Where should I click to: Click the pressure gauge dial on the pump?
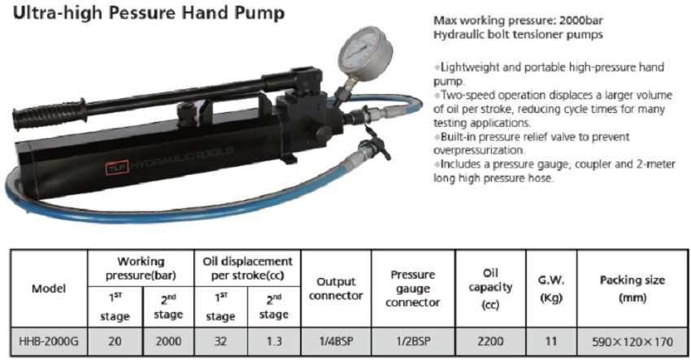(365, 49)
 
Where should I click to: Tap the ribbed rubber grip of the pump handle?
(49, 114)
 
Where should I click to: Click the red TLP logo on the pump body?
(117, 167)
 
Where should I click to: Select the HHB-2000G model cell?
(49, 341)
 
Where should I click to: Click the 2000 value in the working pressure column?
(168, 341)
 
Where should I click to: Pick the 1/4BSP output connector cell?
(337, 341)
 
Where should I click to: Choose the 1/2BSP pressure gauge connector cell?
(413, 341)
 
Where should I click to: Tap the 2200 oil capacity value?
(490, 341)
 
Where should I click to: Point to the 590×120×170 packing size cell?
(632, 341)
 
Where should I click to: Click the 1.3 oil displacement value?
(274, 341)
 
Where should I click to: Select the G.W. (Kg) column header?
(551, 289)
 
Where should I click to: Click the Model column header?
(49, 288)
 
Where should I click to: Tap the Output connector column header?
(337, 288)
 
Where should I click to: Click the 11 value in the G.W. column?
(551, 341)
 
